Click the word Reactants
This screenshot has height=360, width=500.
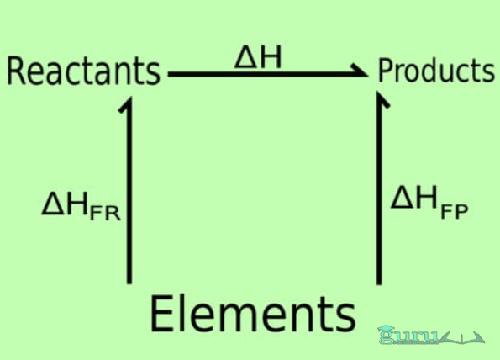coord(83,71)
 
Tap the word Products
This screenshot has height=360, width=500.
coord(436,70)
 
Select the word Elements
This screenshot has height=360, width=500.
coord(253,314)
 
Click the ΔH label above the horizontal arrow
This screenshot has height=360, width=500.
coord(258,57)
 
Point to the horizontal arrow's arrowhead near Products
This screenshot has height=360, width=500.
coord(361,71)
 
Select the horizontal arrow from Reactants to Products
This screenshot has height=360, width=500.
coord(269,74)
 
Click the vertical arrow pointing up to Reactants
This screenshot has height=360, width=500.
coord(129,190)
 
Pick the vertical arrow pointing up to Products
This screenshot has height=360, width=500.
coord(379,188)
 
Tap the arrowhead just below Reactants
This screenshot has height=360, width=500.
coord(127,104)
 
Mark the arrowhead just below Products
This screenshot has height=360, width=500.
coord(382,99)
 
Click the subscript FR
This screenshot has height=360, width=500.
coord(105,213)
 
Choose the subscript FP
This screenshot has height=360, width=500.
coord(455,210)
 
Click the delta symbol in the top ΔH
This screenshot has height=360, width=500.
coord(245,58)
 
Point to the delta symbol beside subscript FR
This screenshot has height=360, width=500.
coord(53,203)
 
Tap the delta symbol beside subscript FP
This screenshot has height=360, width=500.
coord(403,198)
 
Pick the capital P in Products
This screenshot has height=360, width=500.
coord(385,71)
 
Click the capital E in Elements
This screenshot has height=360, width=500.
coord(161,314)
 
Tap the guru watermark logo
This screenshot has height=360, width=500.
coord(431,336)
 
